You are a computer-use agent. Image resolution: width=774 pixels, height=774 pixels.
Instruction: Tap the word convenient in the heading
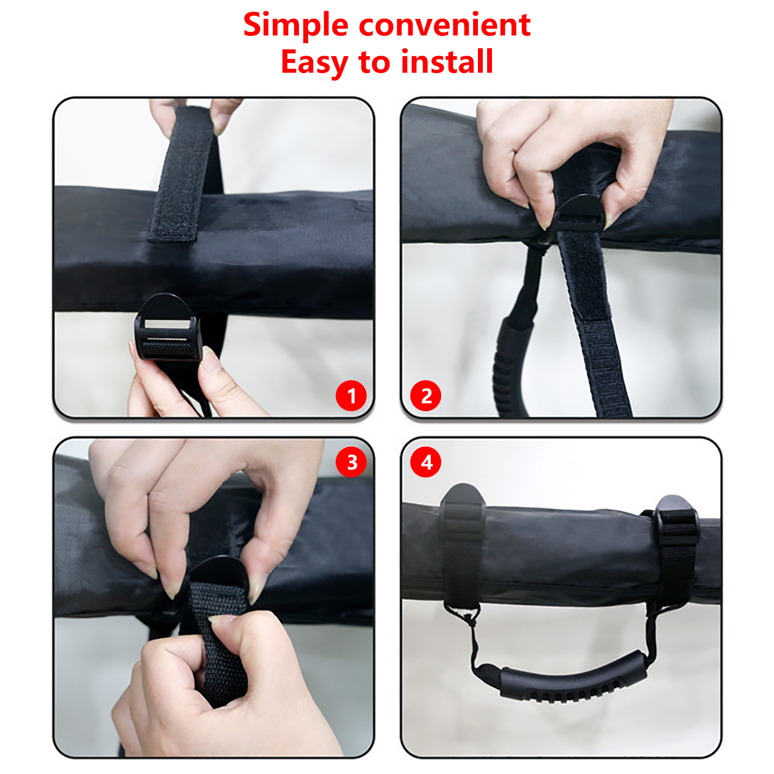point(445,25)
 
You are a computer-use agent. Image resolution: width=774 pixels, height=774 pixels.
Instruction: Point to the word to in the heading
point(374,62)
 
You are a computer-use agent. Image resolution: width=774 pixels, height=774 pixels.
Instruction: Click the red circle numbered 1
point(351,396)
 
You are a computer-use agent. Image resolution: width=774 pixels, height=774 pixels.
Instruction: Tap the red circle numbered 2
point(426,396)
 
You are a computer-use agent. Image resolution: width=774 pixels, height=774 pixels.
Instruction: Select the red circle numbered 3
point(351,462)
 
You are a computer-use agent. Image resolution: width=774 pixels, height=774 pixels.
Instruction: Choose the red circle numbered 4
point(426,462)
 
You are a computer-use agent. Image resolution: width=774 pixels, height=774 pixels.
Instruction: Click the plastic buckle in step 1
point(167,328)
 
